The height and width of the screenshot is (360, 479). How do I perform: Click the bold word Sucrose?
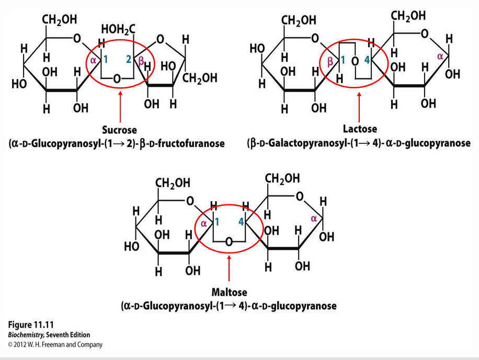119,130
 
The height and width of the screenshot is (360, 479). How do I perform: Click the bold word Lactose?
360,129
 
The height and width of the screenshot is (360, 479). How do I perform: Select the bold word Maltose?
230,292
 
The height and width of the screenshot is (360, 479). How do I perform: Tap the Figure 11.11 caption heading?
31,324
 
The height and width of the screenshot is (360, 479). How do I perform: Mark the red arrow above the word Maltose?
229,268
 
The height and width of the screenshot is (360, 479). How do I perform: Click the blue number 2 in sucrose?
129,59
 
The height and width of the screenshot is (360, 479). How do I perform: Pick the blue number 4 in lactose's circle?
367,60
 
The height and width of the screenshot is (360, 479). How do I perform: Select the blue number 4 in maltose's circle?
242,222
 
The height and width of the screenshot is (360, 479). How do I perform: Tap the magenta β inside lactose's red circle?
330,62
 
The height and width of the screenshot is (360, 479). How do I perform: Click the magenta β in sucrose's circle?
141,61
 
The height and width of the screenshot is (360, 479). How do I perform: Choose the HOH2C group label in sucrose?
118,30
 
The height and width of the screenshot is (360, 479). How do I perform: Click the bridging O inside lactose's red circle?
355,61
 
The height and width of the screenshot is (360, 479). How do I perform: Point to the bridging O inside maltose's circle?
229,242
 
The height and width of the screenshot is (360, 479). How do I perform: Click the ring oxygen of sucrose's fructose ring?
160,39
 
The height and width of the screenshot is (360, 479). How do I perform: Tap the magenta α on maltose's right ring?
314,218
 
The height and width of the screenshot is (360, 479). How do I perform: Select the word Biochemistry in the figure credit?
26,334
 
